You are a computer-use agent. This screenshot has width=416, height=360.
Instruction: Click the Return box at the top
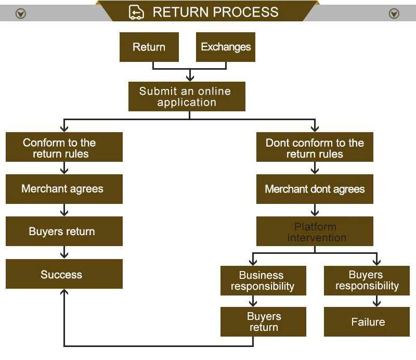pyautogui.click(x=149, y=47)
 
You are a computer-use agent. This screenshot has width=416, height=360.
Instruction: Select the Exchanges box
pyautogui.click(x=226, y=47)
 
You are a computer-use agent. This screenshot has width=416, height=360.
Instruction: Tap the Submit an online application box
pyautogui.click(x=187, y=96)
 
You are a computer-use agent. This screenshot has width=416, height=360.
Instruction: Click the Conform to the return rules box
pyautogui.click(x=64, y=147)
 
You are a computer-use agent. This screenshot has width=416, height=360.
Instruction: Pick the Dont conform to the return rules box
pyautogui.click(x=315, y=147)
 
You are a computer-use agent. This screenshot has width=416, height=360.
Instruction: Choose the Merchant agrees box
pyautogui.click(x=64, y=189)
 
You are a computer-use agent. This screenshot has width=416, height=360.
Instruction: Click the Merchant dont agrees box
pyautogui.click(x=315, y=189)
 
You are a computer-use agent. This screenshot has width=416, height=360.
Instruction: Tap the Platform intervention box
pyautogui.click(x=315, y=231)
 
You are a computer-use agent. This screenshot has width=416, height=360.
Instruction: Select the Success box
pyautogui.click(x=64, y=274)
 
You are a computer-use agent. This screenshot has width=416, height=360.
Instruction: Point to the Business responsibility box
pyautogui.click(x=263, y=280)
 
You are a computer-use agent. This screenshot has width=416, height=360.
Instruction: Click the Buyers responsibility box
pyautogui.click(x=367, y=280)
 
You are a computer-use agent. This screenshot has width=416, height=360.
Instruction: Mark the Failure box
pyautogui.click(x=367, y=322)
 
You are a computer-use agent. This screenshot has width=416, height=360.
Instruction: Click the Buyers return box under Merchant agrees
pyautogui.click(x=64, y=231)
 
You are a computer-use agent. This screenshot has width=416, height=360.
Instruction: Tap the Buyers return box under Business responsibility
pyautogui.click(x=263, y=322)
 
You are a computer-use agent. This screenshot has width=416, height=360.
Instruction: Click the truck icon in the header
pyautogui.click(x=136, y=12)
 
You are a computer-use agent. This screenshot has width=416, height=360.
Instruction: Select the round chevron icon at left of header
pyautogui.click(x=21, y=14)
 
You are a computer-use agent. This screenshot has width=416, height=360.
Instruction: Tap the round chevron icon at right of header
pyautogui.click(x=394, y=14)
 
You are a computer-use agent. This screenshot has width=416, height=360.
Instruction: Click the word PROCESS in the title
pyautogui.click(x=245, y=12)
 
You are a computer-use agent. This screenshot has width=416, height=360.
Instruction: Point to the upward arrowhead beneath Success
pyautogui.click(x=64, y=292)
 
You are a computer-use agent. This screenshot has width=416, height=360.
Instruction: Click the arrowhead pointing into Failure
pyautogui.click(x=376, y=304)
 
